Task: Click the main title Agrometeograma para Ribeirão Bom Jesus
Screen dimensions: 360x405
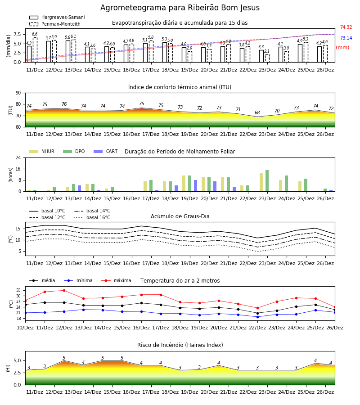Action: tap(180, 8)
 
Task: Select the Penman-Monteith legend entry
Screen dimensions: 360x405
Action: tap(55, 24)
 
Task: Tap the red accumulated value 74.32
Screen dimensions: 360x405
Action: tap(346, 27)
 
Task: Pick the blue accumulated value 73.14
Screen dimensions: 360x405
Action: tap(346, 38)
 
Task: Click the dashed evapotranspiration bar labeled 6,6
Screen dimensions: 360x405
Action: tap(35, 50)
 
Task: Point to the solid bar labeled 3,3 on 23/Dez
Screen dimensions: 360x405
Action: tap(261, 56)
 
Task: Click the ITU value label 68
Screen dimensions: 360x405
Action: tap(257, 112)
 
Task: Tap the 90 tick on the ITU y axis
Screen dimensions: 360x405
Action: tap(18, 93)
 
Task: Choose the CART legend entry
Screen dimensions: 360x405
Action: tap(106, 151)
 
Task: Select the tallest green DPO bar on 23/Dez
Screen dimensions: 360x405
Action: tap(267, 181)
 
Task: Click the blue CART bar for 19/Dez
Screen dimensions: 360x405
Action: tap(195, 186)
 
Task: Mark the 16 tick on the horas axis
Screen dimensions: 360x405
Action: tap(18, 169)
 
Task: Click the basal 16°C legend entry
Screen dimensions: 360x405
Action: tap(92, 217)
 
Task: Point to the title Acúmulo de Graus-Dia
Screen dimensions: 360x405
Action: tap(180, 216)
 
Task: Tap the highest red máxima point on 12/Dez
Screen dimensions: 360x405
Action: tap(64, 290)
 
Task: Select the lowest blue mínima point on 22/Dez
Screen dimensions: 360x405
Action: tap(257, 317)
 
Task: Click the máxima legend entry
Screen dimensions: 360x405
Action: tap(116, 280)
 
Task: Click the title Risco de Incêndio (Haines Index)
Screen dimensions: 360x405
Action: tap(180, 345)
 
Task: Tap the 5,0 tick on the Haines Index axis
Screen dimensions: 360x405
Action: tap(18, 360)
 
